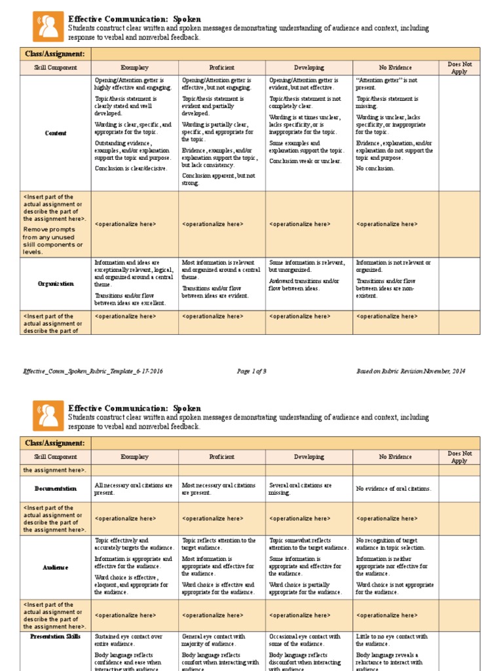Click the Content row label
[56, 133]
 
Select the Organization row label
[56, 284]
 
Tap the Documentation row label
[56, 489]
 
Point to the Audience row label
[56, 567]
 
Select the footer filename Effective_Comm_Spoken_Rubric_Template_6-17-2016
[93, 372]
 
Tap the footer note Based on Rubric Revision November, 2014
[411, 372]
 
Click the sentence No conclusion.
[375, 168]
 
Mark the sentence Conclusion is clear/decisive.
[131, 168]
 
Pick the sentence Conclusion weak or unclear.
[305, 161]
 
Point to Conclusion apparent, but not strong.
[219, 180]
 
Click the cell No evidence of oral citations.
[394, 489]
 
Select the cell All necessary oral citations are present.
[134, 489]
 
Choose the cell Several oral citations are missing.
[300, 489]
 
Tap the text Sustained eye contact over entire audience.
[128, 640]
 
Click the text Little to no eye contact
[392, 640]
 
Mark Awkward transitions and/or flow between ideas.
[304, 284]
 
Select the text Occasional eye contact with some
[305, 640]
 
